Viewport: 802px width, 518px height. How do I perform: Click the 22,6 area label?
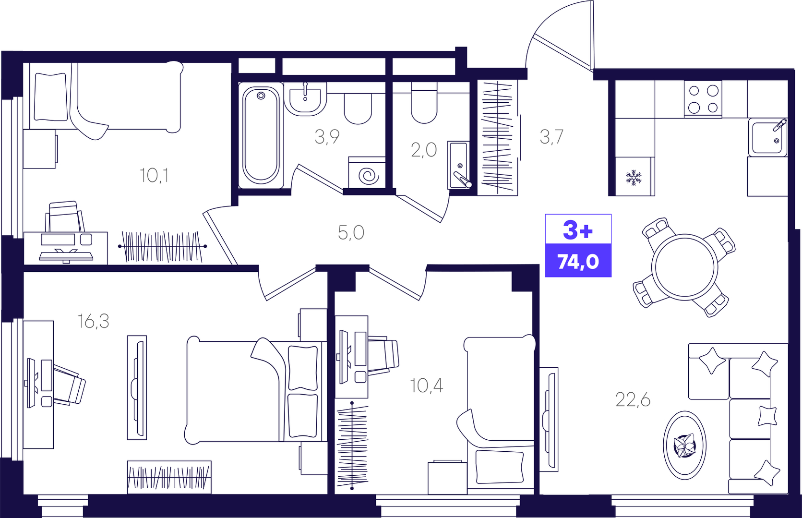[633, 400]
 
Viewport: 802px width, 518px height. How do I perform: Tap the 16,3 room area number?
[93, 321]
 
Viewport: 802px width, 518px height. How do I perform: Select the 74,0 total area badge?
[578, 262]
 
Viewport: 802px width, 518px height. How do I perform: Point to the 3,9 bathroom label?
[327, 137]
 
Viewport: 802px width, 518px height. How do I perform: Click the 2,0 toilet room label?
[424, 150]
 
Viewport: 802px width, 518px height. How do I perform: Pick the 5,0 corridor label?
[351, 232]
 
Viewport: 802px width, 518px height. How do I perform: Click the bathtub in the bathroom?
[261, 135]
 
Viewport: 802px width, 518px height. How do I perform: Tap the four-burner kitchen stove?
[703, 99]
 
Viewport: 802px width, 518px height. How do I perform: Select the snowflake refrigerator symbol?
[634, 178]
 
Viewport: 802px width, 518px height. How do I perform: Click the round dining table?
[684, 267]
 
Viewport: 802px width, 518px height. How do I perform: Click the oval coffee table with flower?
[684, 446]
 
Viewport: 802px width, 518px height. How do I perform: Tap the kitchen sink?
[767, 138]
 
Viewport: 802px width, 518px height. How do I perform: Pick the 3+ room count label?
[578, 229]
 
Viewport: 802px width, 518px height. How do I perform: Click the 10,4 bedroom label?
[426, 386]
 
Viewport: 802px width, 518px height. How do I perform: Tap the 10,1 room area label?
[154, 176]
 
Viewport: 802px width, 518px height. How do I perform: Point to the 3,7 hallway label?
[551, 137]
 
